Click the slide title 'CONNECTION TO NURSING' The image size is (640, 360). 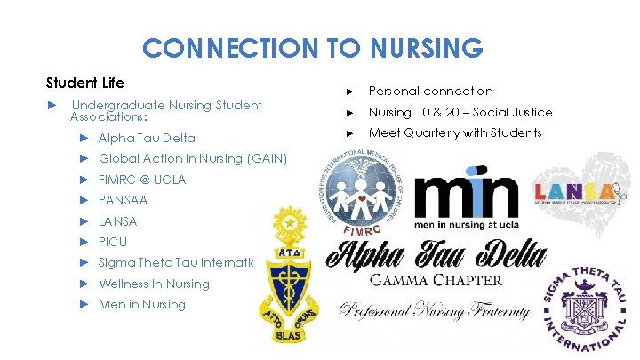312,47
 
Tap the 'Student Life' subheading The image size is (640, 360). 84,83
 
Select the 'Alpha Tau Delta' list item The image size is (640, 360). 147,139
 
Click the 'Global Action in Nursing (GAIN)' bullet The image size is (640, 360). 193,159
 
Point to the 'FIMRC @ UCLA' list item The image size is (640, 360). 142,180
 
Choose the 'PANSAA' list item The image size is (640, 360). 124,201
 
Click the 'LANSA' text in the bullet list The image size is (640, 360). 117,221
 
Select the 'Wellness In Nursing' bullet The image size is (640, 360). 154,284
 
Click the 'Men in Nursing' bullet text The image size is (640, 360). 142,305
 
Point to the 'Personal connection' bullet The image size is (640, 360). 430,91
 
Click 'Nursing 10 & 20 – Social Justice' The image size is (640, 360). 460,112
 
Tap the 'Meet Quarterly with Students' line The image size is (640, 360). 455,132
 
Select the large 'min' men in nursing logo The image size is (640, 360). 468,200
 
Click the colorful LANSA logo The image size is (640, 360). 574,192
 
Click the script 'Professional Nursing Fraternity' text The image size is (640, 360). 435,312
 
